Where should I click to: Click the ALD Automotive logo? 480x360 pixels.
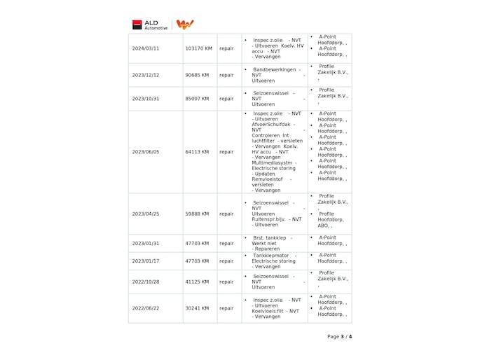(150, 25)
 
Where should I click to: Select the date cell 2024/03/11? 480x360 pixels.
(146, 48)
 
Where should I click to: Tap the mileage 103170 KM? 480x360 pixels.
(198, 48)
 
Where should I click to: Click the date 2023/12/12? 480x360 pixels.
(146, 75)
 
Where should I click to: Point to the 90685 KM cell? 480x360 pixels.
(197, 75)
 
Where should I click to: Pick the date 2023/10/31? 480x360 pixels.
(146, 99)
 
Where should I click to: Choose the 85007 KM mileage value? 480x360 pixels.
(197, 99)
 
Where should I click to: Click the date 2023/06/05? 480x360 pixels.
(146, 151)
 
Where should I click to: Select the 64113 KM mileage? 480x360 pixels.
(197, 151)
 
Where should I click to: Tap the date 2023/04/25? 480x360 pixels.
(146, 214)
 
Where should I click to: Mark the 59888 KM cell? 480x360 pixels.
(197, 214)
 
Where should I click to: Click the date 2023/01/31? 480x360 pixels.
(146, 243)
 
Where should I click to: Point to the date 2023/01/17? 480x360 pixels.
(146, 261)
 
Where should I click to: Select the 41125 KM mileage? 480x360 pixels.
(197, 282)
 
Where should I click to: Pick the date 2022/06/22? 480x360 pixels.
(146, 308)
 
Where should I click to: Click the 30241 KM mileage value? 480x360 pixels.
(197, 308)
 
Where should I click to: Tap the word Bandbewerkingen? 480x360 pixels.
(275, 69)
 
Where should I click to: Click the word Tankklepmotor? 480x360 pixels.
(272, 255)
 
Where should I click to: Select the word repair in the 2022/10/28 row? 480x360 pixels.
(226, 282)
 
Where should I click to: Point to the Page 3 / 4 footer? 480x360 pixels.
(339, 336)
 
